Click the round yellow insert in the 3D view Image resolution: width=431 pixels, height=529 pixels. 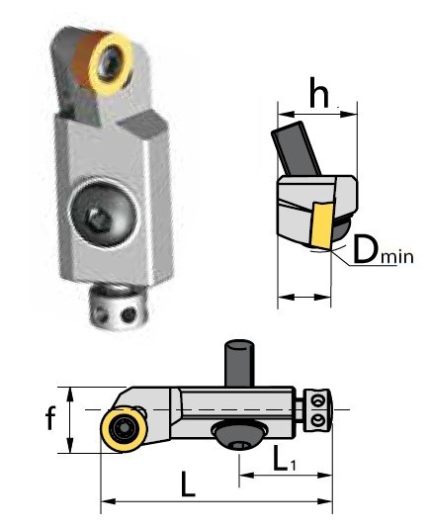[x=108, y=62]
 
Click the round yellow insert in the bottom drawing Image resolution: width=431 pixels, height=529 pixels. [x=125, y=432]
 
